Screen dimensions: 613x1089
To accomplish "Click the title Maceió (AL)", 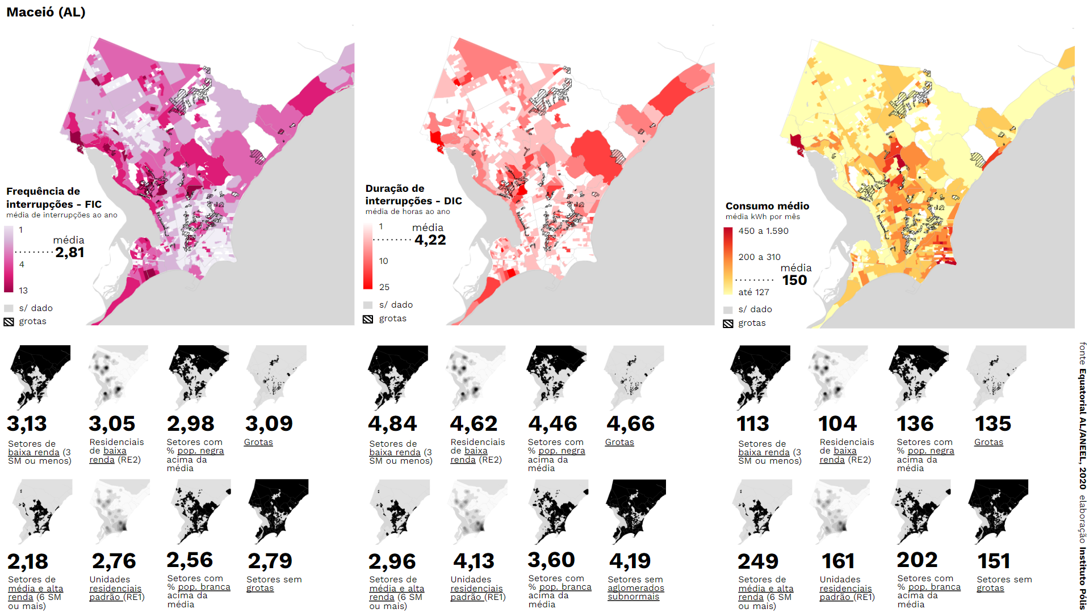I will pos(45,12).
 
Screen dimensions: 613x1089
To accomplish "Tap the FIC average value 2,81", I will pos(70,253).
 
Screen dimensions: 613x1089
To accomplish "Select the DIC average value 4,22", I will pos(430,240).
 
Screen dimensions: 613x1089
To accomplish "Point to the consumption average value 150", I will pos(794,280).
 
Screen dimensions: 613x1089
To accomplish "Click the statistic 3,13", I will pos(27,423).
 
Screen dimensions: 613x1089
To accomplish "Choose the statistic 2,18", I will pos(27,561).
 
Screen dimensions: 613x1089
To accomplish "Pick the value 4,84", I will pos(392,423).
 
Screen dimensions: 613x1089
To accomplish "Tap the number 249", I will pos(757,561).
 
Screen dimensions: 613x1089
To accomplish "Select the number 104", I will pos(837,423).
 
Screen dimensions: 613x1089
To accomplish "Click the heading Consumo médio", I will pos(767,206).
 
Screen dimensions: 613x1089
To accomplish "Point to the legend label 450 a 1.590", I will pos(763,231).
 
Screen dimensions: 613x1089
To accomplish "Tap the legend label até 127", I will pos(753,292).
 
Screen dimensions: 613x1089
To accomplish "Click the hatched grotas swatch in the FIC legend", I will pos(9,322).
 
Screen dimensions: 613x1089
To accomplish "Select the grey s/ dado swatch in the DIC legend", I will pos(368,305).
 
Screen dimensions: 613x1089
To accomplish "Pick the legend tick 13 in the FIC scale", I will pos(23,291).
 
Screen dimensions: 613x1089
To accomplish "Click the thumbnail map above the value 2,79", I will pos(278,511).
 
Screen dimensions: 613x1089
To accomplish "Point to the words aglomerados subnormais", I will pos(635,592).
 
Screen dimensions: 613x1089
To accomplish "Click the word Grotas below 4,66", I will pos(619,442).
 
